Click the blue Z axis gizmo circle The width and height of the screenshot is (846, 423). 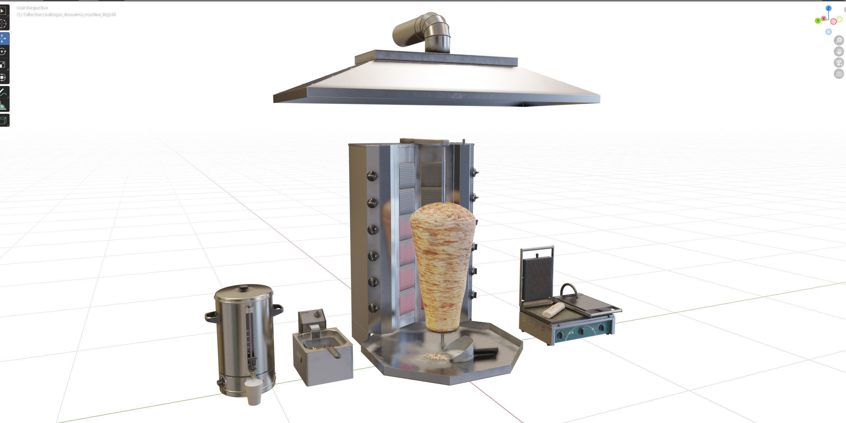click(x=829, y=8)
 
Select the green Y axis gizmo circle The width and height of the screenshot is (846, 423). click(x=817, y=21)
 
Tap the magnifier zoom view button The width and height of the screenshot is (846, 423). click(x=839, y=40)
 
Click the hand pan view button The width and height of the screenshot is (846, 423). click(x=839, y=51)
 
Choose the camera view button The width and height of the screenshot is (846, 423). click(x=839, y=62)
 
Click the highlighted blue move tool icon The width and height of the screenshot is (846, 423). click(x=3, y=39)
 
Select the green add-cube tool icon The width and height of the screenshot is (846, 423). click(x=3, y=120)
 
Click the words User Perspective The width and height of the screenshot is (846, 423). click(x=32, y=8)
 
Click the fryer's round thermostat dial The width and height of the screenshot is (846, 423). click(x=317, y=314)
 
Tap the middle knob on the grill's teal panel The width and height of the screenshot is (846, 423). click(x=582, y=330)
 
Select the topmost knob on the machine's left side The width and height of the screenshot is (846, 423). click(x=372, y=176)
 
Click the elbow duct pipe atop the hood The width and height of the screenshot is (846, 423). click(x=424, y=31)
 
